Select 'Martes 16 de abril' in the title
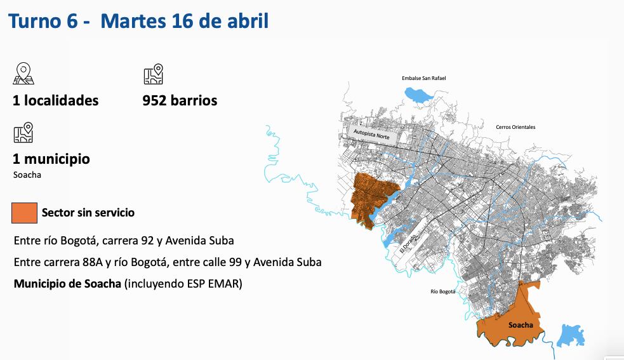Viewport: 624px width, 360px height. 184,21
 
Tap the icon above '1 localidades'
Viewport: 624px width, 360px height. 23,74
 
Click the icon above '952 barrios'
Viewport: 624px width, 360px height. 153,74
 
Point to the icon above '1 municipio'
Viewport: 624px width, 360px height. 23,132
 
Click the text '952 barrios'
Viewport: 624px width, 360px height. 180,100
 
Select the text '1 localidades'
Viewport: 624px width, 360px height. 56,100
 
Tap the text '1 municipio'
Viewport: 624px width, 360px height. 51,159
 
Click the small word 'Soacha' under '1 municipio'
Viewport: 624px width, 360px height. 27,175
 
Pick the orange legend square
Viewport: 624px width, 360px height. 24,213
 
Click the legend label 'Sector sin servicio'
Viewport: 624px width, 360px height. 88,213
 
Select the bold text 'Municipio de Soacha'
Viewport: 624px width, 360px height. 67,284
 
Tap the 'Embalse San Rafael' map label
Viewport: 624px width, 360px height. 423,78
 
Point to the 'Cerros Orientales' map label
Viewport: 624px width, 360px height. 515,127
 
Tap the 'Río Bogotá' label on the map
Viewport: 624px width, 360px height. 442,291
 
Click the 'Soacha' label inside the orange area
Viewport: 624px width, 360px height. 520,325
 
